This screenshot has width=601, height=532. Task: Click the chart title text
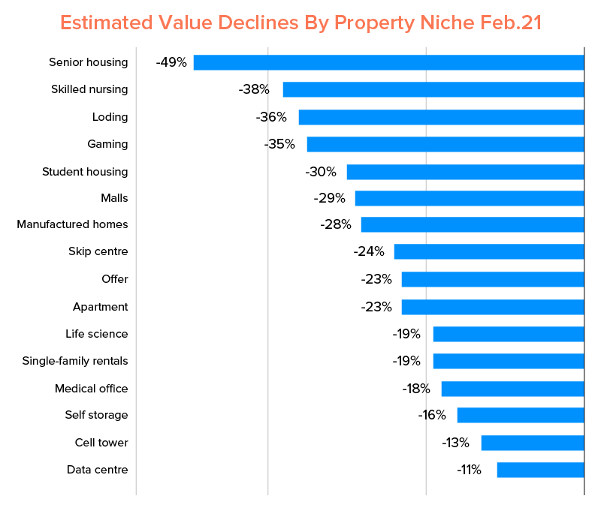(300, 23)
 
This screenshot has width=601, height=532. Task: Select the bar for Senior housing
(388, 62)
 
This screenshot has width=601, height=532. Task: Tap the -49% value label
(171, 62)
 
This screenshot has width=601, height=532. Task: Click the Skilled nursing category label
(89, 89)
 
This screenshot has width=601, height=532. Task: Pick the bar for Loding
(441, 117)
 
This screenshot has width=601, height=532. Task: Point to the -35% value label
(279, 144)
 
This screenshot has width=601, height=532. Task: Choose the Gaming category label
(107, 144)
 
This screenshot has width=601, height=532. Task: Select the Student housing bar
(465, 172)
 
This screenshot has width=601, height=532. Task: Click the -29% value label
(330, 198)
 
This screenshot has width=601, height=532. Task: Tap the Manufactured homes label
(72, 224)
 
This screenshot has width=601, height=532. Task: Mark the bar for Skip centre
(489, 251)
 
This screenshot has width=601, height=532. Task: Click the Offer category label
(115, 279)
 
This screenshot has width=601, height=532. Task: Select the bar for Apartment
(493, 307)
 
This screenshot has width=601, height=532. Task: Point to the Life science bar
(509, 334)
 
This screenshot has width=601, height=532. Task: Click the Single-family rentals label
(75, 361)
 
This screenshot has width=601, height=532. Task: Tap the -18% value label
(415, 389)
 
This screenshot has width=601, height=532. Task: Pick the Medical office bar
(512, 389)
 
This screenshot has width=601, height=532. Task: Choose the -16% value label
(432, 415)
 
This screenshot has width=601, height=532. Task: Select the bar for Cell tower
(533, 443)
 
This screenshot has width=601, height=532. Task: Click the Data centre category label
(97, 470)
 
